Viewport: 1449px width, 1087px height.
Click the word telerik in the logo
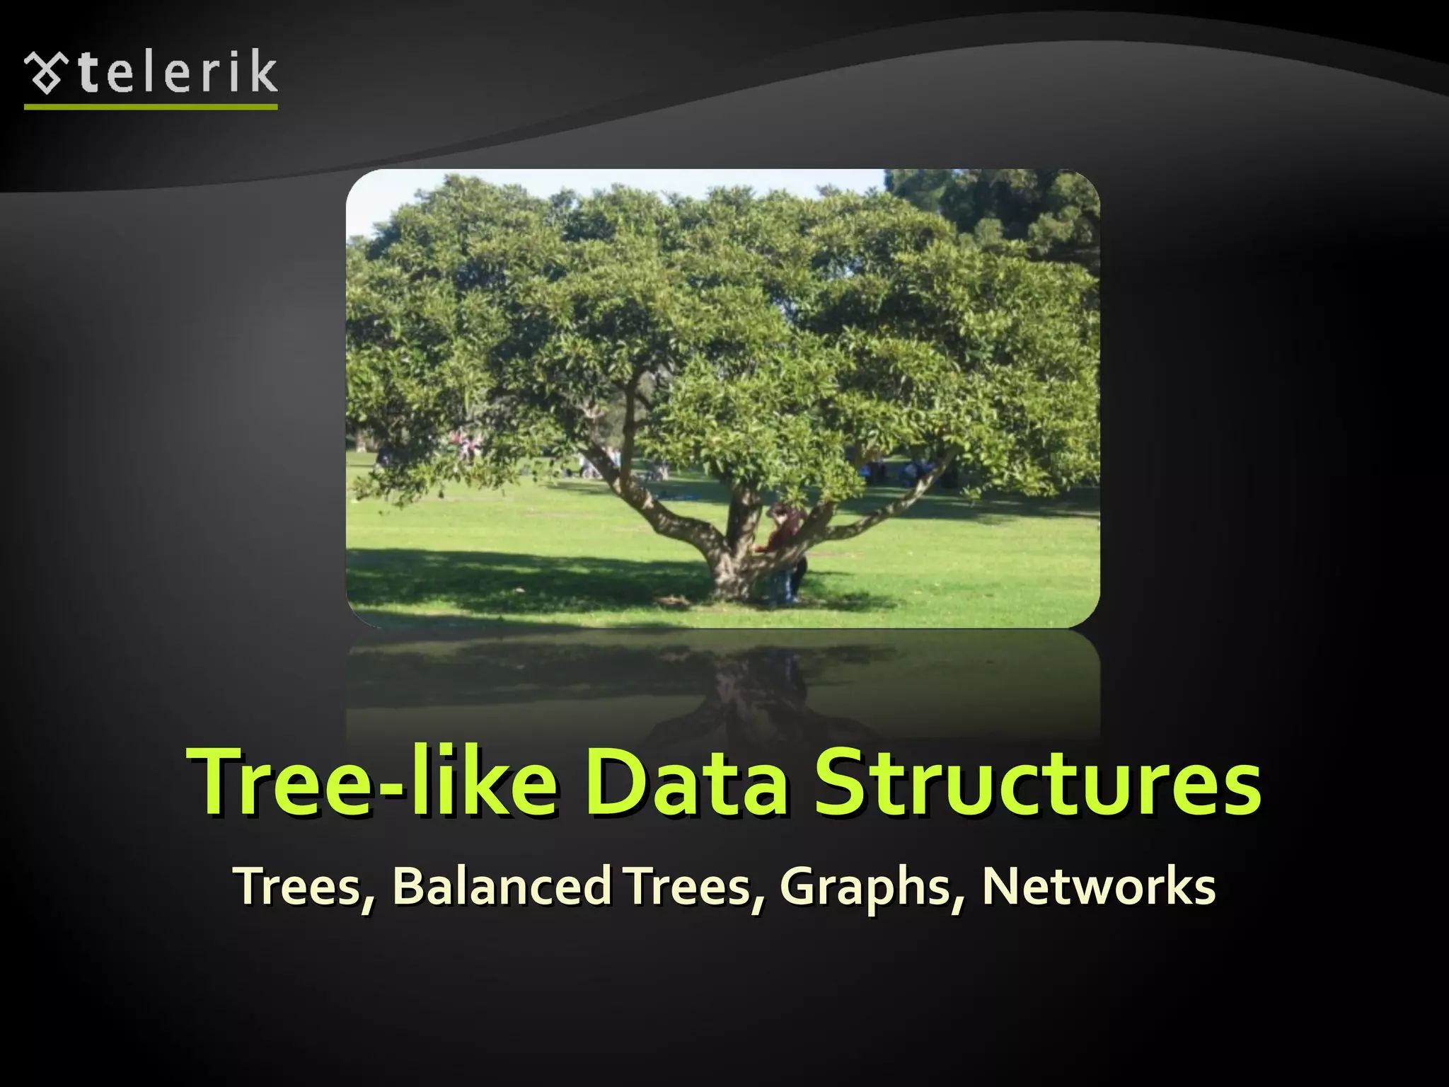[x=177, y=72]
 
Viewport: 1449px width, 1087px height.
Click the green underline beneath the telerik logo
[x=151, y=107]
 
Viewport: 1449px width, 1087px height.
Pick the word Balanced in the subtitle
[x=502, y=885]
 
